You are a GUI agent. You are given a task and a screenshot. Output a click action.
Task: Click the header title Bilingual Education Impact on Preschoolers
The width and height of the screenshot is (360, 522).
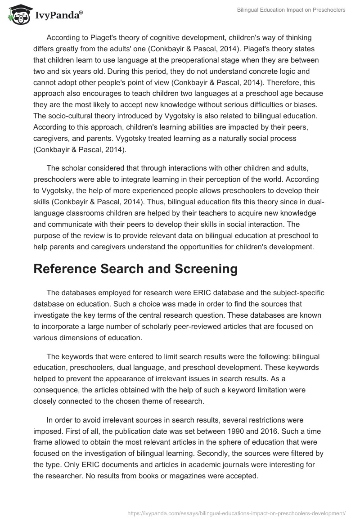pyautogui.click(x=291, y=10)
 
